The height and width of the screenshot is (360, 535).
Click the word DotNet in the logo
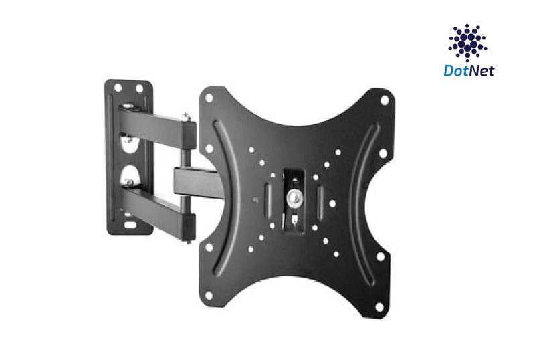[x=469, y=70]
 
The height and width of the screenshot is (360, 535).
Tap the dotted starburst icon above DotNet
[x=467, y=43]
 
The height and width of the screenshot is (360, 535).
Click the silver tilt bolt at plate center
[x=293, y=198]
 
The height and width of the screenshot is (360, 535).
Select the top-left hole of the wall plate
[x=118, y=87]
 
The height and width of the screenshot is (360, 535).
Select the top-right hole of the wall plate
[x=140, y=88]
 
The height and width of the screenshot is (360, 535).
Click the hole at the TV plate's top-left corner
[x=209, y=98]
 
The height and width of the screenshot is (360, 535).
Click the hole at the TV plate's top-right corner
[x=384, y=100]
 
